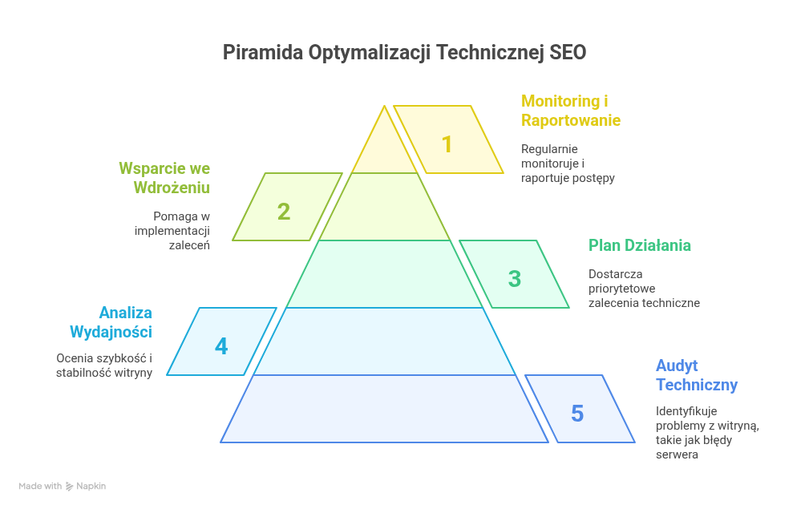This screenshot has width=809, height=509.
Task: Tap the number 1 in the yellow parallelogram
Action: point(447,144)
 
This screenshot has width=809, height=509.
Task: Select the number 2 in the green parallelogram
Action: point(284,212)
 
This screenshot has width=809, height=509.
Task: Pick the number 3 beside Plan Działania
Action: point(515,279)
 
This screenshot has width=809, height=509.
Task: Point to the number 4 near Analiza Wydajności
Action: point(221,346)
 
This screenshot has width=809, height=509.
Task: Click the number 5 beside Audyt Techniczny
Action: point(577,414)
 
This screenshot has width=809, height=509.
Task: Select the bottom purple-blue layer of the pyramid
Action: point(385,409)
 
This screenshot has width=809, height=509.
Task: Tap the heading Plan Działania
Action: point(640,245)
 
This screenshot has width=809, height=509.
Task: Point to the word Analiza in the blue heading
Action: point(126,313)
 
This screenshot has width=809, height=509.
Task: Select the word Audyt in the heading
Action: point(677,366)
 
